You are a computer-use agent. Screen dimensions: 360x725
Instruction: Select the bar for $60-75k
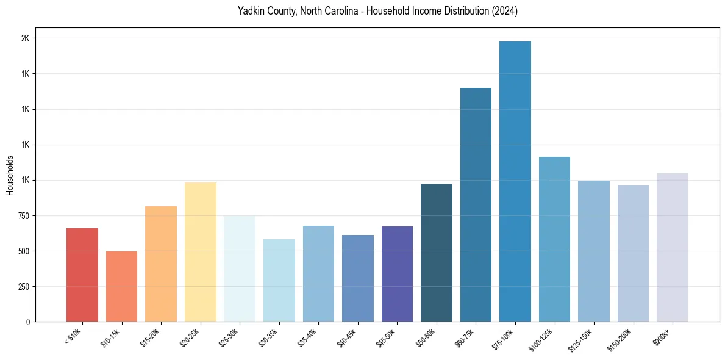[476, 205]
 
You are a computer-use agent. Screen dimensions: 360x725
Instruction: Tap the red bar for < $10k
[82, 275]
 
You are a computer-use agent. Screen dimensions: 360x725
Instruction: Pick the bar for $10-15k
[121, 287]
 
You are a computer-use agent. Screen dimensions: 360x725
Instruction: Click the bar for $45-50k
[397, 274]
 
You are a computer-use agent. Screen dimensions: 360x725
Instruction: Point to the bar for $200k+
[673, 248]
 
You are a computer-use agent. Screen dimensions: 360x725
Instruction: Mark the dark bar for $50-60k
[437, 253]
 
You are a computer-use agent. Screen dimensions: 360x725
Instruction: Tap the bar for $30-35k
[279, 281]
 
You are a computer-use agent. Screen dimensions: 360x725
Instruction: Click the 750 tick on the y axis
[26, 216]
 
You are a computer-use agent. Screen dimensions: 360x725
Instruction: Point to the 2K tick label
[26, 38]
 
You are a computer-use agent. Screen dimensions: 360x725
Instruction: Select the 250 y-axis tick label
[26, 287]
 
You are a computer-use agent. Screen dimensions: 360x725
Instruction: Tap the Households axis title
[10, 175]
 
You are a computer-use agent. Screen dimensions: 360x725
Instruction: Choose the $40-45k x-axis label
[346, 337]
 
